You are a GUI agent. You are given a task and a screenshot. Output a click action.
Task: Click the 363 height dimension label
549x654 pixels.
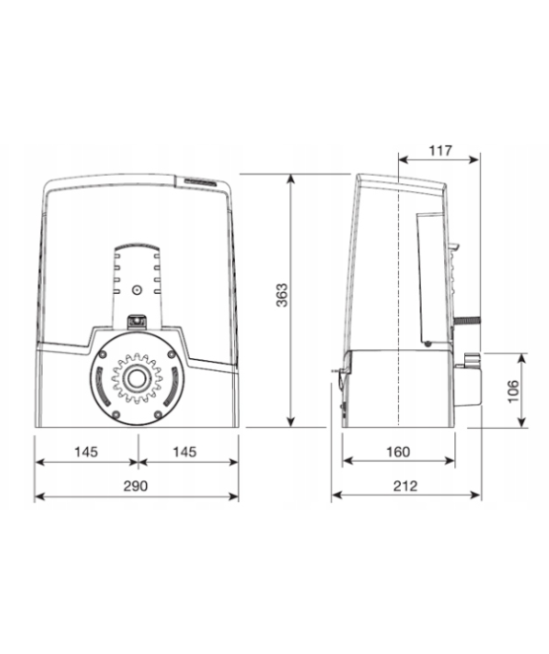[x=283, y=295]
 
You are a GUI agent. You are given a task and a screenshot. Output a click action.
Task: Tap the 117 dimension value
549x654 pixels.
[x=440, y=150]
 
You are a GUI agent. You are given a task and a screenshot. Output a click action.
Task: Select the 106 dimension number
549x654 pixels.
[x=513, y=390]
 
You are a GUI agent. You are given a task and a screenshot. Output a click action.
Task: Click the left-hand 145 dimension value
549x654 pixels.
[x=86, y=452]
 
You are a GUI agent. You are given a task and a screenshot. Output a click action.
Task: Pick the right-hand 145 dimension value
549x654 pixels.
[x=184, y=452]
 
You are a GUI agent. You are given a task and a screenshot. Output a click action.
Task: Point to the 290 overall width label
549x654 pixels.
[x=136, y=486]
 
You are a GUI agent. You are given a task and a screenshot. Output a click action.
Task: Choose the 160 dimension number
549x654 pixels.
[x=398, y=452]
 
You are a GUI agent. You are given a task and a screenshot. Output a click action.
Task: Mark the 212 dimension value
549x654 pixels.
[x=405, y=486]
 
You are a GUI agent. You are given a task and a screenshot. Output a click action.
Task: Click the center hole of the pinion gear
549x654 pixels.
[x=137, y=379]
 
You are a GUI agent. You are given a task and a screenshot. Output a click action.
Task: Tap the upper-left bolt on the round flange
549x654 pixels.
[x=102, y=354]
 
